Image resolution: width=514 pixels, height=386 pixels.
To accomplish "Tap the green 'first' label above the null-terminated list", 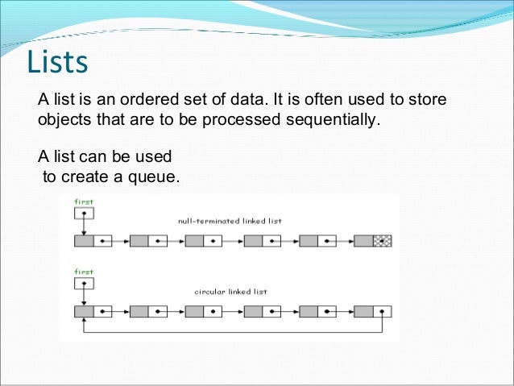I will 84,201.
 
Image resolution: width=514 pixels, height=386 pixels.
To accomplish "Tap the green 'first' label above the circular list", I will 84,272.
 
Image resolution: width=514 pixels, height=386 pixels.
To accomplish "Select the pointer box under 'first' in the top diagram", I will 84,214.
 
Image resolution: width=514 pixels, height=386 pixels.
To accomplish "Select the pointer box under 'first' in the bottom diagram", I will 84,284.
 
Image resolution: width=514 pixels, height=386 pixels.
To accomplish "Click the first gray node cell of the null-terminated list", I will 84,241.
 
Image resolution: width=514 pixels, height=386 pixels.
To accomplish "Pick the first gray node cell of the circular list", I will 84,311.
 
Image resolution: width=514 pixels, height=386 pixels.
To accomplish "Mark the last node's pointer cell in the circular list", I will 383,311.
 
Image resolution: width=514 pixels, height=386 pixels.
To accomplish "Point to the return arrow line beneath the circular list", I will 234,331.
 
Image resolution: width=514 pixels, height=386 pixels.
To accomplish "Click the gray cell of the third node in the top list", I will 194,241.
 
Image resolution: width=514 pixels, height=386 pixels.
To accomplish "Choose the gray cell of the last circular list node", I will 363,311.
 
